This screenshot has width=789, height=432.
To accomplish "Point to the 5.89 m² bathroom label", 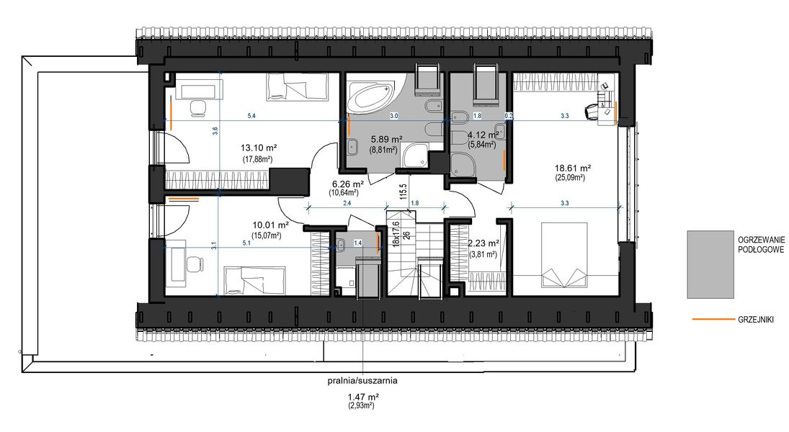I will click(386, 138).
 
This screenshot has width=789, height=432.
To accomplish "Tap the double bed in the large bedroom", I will click(566, 255).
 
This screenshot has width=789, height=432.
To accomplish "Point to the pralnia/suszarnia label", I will click(362, 380).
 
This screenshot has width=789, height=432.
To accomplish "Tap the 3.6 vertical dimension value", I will click(215, 130).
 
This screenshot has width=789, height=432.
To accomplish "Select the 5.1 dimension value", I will click(246, 243).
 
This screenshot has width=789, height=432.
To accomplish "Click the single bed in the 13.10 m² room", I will click(284, 88).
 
